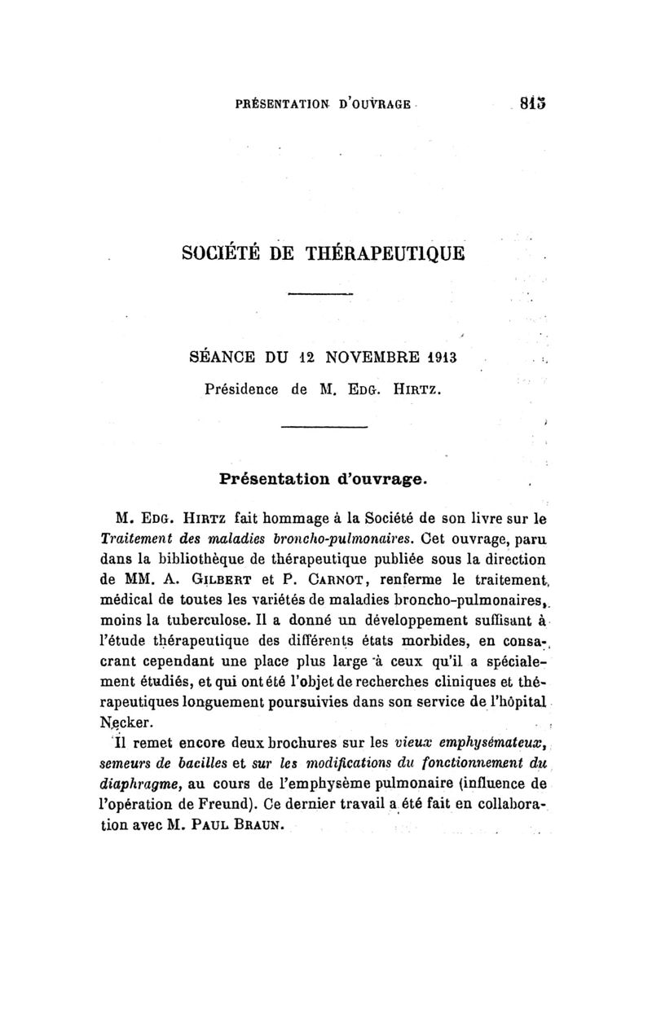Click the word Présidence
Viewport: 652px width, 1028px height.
[243, 389]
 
